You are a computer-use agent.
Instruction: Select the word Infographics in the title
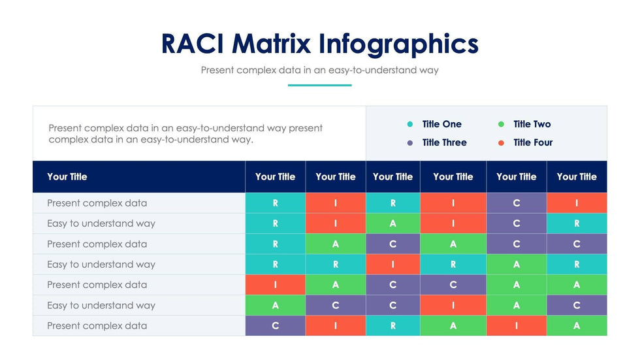pos(399,44)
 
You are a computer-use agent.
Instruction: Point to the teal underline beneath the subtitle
pos(319,85)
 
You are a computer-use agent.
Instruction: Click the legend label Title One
pos(441,124)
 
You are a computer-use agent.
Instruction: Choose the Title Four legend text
pos(533,142)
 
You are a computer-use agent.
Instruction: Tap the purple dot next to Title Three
pos(410,142)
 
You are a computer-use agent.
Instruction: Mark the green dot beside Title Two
pos(501,124)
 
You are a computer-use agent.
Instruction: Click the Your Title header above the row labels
pos(67,176)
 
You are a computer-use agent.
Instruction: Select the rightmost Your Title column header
pos(577,176)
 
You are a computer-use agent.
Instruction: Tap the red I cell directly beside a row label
pos(275,285)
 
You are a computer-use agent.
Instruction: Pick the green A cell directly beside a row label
pos(275,305)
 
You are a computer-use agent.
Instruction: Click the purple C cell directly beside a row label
pos(275,325)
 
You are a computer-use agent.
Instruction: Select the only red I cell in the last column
pos(577,203)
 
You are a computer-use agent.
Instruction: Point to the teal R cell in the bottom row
pos(392,325)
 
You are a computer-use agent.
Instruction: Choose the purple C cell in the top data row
pos(516,203)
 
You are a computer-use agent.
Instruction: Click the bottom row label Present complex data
pos(97,325)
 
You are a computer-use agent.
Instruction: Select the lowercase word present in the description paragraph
pos(306,128)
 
